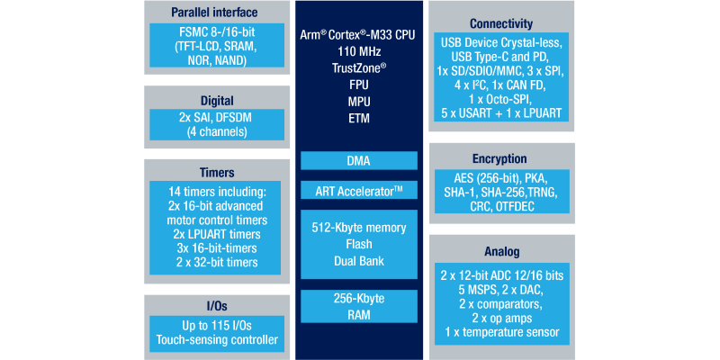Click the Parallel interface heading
pyautogui.click(x=215, y=12)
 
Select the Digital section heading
pyautogui.click(x=215, y=101)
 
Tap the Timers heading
pyautogui.click(x=215, y=173)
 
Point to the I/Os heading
pyautogui.click(x=215, y=307)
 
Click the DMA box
pyautogui.click(x=359, y=160)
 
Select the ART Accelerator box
pyautogui.click(x=359, y=190)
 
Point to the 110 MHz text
pyautogui.click(x=359, y=50)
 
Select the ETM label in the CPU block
pyautogui.click(x=359, y=118)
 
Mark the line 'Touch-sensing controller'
pyautogui.click(x=215, y=340)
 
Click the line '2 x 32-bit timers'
pyautogui.click(x=215, y=262)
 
